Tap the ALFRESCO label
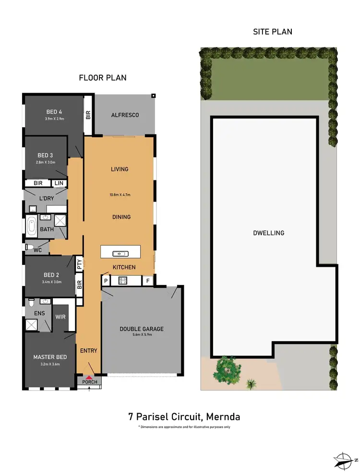coord(125,115)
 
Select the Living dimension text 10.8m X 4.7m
coord(120,195)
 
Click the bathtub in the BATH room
coord(32,227)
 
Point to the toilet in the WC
coord(30,248)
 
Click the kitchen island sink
coord(118,254)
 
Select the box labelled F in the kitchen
coord(148,281)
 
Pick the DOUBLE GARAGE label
coord(142,329)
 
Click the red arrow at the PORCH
coord(88,377)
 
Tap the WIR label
coord(60,317)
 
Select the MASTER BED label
coord(49,357)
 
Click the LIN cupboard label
coord(59,183)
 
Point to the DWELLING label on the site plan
coord(268,233)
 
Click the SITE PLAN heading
coord(273,32)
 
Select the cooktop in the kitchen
coord(122,281)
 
